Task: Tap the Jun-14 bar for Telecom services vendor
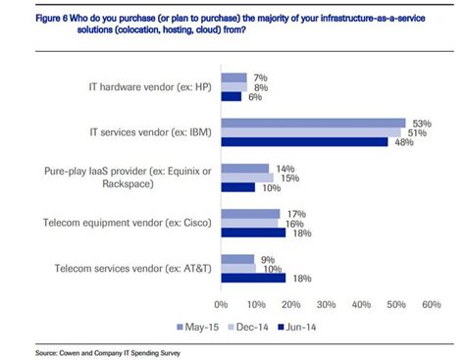[252, 278]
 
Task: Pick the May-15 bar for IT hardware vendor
[232, 77]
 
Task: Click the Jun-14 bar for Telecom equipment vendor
[252, 232]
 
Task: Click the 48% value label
[402, 142]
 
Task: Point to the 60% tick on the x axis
[431, 304]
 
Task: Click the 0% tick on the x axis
[221, 304]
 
